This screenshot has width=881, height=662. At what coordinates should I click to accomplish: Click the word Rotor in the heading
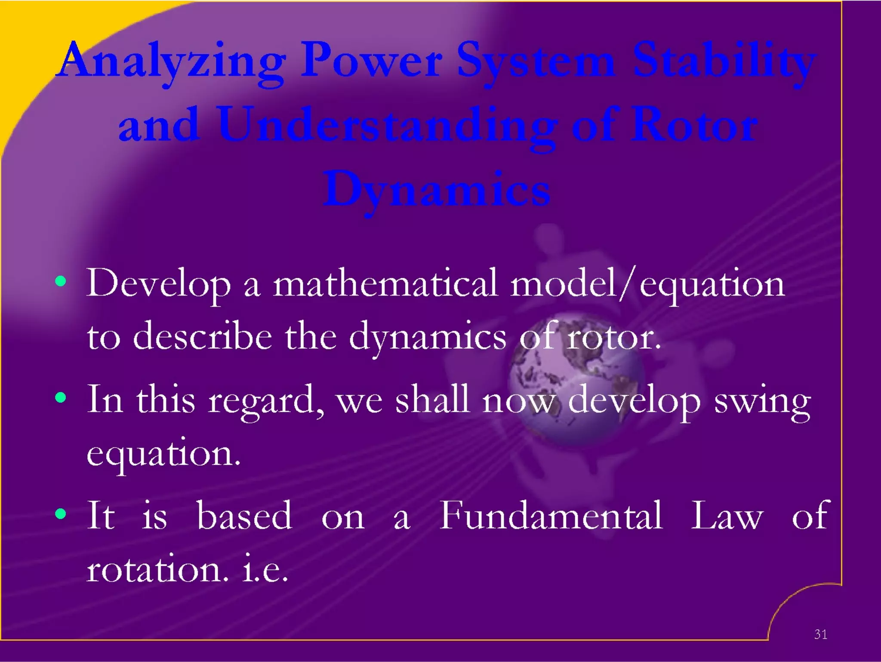pos(693,126)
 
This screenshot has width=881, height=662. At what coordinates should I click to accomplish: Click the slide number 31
pos(820,634)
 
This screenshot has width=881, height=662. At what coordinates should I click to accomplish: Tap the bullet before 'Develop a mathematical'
pos(61,282)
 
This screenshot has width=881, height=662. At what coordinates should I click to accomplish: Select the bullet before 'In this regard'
pos(61,397)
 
